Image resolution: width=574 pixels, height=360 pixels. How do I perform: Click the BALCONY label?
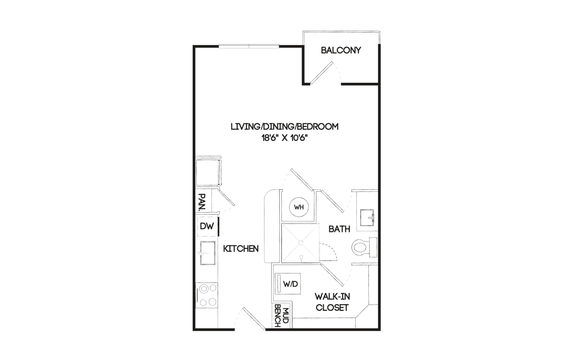[341, 50]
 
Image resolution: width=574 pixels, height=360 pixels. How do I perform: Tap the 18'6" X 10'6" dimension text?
[285, 138]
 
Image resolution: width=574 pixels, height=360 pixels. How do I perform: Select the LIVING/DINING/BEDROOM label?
[285, 127]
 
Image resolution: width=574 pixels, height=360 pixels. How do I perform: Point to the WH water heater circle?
[299, 207]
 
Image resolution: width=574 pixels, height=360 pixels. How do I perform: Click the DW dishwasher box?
[207, 226]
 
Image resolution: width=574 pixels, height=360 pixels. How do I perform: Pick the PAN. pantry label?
[202, 201]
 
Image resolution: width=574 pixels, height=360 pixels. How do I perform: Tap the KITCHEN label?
[241, 249]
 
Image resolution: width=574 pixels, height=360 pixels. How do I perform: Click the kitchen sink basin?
[208, 253]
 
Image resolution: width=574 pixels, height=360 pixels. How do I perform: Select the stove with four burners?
[207, 295]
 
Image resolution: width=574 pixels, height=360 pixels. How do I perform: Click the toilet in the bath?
[364, 248]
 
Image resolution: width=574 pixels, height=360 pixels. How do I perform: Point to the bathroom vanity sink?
[367, 218]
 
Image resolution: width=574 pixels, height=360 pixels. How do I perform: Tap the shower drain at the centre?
[301, 242]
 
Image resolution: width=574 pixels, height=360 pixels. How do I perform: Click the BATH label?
[339, 229]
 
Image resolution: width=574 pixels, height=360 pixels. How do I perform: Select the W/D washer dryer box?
[287, 284]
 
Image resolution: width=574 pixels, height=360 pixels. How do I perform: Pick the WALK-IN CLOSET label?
[332, 302]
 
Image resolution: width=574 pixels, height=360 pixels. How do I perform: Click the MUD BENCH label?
[282, 316]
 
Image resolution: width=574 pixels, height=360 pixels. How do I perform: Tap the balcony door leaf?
[322, 73]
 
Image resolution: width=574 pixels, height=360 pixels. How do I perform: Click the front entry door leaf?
[254, 319]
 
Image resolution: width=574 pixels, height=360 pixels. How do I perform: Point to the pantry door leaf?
[226, 197]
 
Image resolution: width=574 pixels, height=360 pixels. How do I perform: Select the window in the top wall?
[249, 46]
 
